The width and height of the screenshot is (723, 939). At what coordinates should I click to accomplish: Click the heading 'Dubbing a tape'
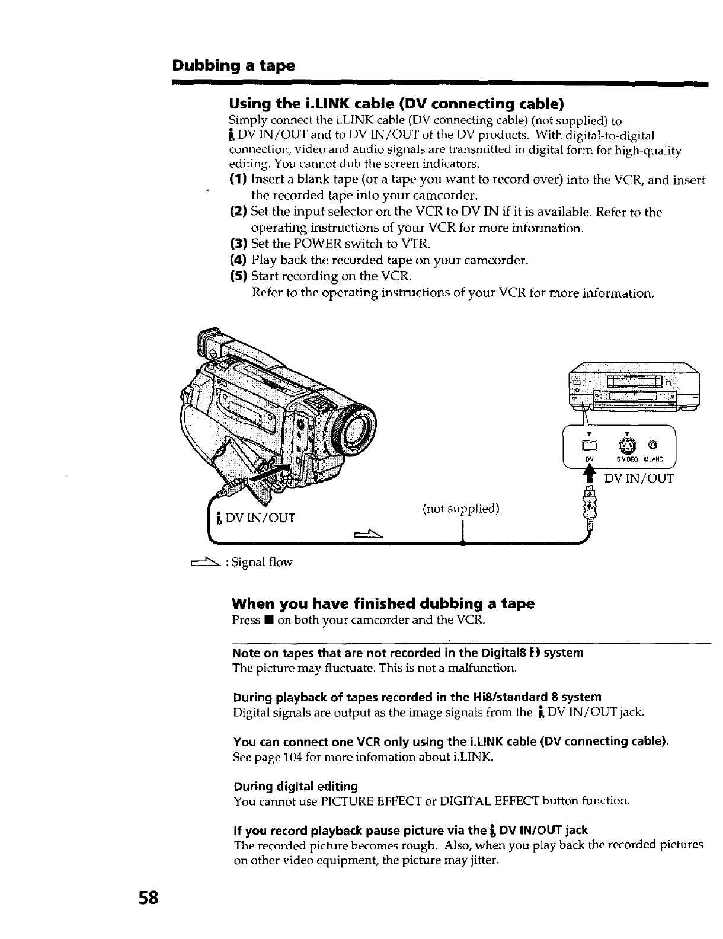[233, 65]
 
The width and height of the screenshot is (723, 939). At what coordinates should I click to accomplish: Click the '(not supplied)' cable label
[460, 509]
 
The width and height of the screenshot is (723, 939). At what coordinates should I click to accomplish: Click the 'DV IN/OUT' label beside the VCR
[638, 478]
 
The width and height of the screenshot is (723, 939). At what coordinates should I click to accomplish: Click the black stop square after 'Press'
[268, 621]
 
